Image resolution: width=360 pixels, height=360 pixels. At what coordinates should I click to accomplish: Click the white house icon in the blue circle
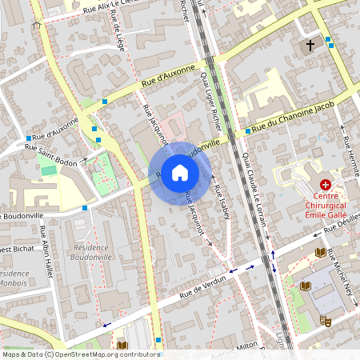point(180,173)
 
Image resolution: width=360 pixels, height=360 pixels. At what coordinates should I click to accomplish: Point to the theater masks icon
point(326,319)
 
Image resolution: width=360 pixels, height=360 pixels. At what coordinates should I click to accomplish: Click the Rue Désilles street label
point(342,230)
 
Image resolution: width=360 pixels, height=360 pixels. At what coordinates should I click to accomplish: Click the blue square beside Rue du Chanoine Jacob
point(247,131)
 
